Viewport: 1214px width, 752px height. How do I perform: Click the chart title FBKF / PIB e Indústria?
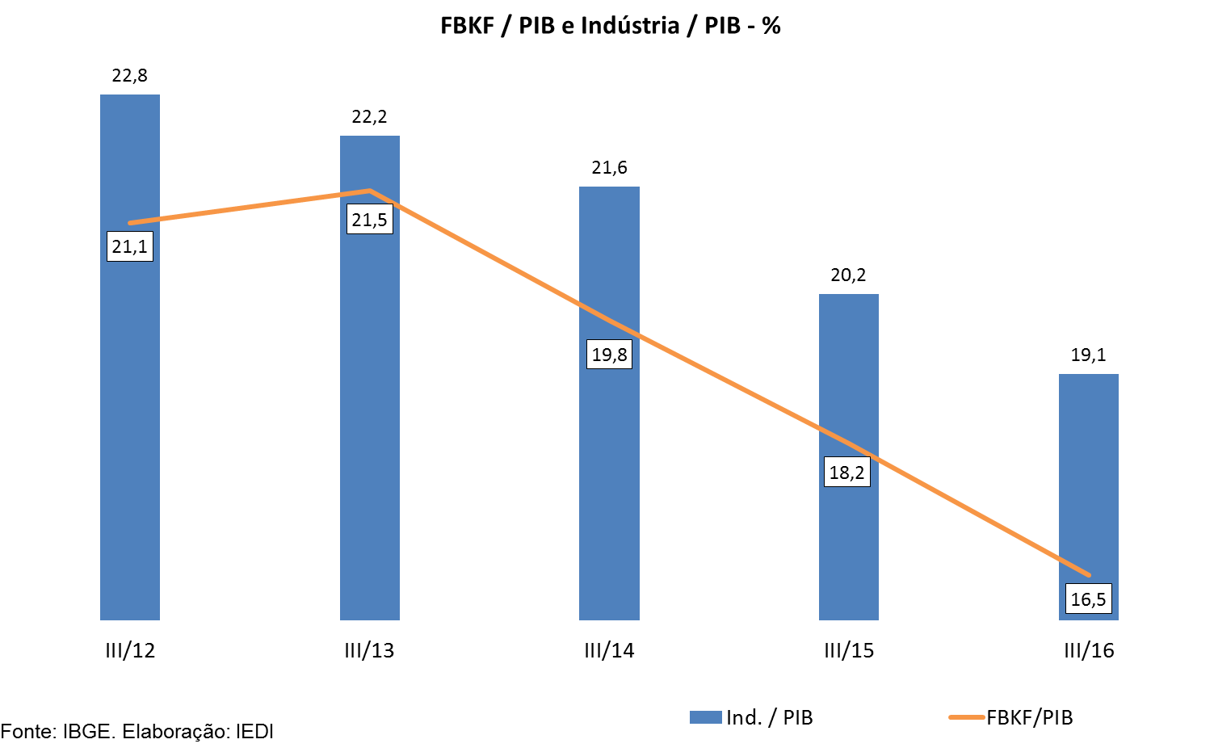point(610,26)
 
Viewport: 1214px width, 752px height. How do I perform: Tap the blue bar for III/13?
point(369,420)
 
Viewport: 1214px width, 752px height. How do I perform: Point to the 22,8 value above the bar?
point(130,76)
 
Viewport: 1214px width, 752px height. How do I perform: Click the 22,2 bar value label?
point(369,117)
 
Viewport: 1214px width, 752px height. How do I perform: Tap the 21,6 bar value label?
point(609,168)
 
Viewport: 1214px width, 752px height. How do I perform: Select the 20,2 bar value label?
point(848,275)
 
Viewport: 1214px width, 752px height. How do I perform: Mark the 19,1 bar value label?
point(1088,355)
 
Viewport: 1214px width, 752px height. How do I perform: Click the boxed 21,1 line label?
point(130,246)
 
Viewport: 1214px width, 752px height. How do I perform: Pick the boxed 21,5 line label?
point(369,220)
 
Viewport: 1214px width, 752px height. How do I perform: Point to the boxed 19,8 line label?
point(609,355)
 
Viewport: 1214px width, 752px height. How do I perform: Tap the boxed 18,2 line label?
point(847,473)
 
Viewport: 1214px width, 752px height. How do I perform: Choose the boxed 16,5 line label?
point(1088,599)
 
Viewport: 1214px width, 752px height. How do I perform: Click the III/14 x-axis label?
point(609,651)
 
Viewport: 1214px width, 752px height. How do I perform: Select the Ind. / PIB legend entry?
point(752,717)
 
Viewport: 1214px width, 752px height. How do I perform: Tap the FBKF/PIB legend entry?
point(1012,717)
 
